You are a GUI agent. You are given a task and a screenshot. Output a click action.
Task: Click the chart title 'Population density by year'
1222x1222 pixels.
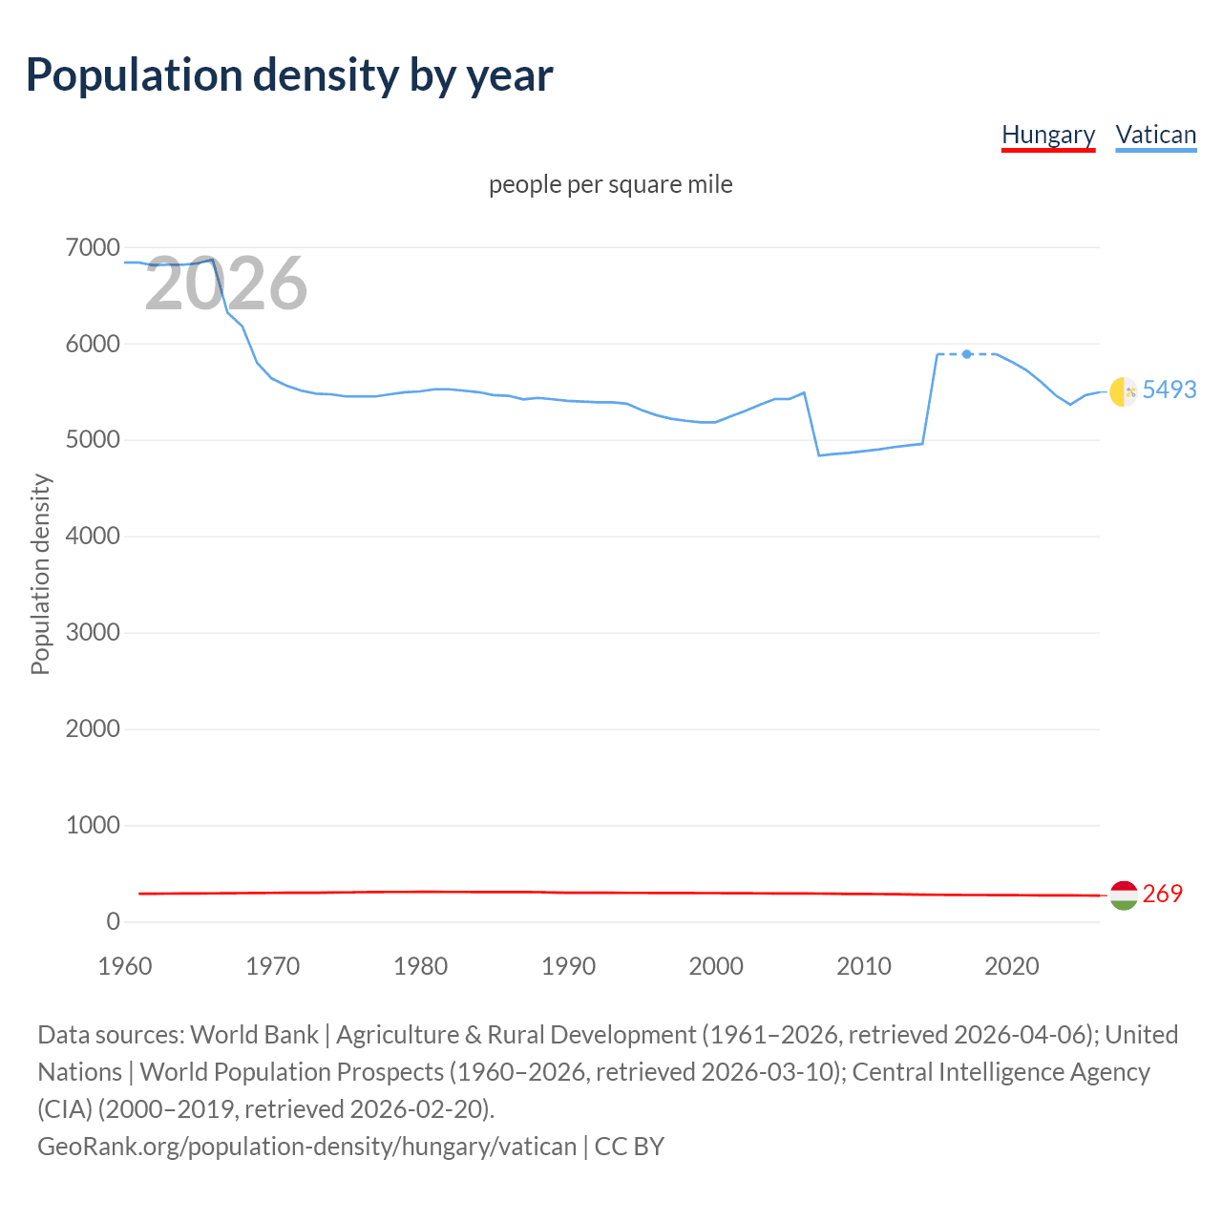(289, 75)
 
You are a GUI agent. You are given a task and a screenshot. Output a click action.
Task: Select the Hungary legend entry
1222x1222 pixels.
(1048, 136)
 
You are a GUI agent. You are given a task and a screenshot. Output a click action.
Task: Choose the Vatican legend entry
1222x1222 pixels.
(1155, 136)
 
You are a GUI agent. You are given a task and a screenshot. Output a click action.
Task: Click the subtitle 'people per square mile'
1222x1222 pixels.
(610, 184)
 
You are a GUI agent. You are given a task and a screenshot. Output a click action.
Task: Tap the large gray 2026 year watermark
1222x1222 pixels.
(226, 284)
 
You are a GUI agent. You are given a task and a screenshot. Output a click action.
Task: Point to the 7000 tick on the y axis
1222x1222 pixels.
(93, 248)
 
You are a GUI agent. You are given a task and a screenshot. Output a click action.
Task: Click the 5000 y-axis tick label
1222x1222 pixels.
(93, 440)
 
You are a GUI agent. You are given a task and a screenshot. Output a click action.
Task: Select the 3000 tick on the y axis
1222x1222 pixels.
(93, 633)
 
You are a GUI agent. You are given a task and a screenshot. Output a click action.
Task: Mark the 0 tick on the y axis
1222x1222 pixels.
(114, 921)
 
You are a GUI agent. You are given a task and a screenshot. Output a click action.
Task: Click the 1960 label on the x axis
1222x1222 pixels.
(125, 966)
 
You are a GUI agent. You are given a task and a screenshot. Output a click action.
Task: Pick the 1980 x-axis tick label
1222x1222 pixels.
(420, 966)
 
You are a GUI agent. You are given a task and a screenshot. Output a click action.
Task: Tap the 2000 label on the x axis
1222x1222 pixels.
(716, 966)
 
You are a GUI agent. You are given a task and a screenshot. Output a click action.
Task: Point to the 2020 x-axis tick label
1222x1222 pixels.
(1011, 966)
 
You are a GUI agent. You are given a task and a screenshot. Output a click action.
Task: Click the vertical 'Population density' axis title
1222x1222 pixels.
(40, 575)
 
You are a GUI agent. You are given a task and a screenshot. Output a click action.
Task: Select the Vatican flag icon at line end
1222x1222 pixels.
(1124, 391)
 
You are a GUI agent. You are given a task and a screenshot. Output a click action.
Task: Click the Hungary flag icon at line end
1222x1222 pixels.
(1124, 895)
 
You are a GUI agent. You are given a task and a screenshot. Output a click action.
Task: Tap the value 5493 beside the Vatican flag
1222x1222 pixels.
(1169, 390)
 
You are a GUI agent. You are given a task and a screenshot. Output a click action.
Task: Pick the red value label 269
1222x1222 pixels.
(1162, 894)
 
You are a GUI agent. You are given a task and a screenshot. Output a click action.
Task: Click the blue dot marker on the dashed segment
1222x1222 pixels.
(967, 354)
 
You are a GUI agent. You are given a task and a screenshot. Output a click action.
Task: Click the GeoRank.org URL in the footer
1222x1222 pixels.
(306, 1146)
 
